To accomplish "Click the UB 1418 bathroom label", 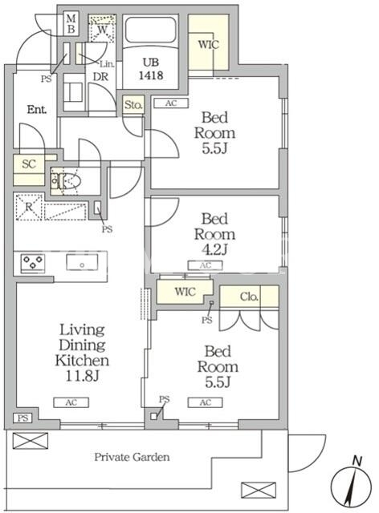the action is (x=151, y=69).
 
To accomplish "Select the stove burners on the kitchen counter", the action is (x=33, y=262).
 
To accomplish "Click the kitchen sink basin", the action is (x=82, y=262).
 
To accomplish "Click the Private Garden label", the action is (x=132, y=457).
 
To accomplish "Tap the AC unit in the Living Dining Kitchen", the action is (x=71, y=402).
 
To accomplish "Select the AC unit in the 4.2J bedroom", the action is (x=206, y=265).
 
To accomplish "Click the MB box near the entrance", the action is (x=71, y=24).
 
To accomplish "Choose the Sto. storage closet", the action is (x=133, y=105).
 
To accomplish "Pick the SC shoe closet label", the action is (x=29, y=164).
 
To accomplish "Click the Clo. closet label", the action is (x=249, y=297).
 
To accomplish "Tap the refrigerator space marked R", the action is (x=29, y=207).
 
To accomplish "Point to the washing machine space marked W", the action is (x=102, y=28).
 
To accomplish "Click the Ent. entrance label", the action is (x=37, y=110).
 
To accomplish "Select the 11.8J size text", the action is (x=82, y=376).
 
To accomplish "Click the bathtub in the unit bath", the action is (x=151, y=30).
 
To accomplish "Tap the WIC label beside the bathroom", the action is (x=208, y=45).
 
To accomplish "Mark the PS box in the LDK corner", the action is (x=22, y=418).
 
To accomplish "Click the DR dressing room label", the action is (x=100, y=77).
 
